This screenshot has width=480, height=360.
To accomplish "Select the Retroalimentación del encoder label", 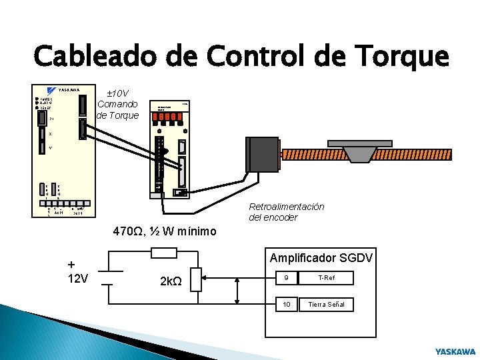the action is (x=286, y=212).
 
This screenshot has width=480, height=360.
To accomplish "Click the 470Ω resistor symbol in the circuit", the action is (x=164, y=252).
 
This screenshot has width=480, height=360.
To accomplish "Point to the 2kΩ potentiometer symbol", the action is (x=196, y=280).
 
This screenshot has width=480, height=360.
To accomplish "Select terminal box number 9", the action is (x=287, y=278).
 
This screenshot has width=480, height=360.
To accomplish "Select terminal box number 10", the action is (x=287, y=304).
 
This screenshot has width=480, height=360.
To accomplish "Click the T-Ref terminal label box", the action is (x=326, y=278).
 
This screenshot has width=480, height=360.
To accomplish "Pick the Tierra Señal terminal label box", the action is (x=326, y=304).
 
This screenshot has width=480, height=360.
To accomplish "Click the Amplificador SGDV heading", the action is (x=321, y=258).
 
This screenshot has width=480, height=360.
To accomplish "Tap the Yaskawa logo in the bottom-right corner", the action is (x=455, y=351).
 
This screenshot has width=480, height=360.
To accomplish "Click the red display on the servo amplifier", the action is (x=167, y=116).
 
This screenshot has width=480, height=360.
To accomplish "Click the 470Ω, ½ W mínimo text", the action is (x=165, y=231).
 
